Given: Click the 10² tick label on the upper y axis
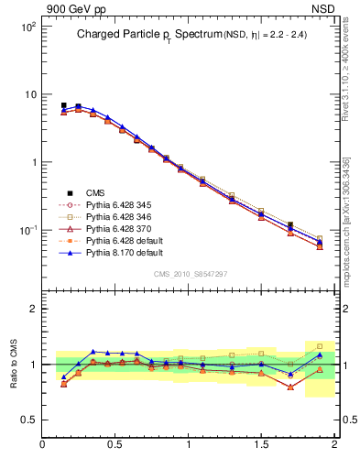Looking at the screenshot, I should (29, 27).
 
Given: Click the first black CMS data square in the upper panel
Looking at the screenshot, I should (63, 105).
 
